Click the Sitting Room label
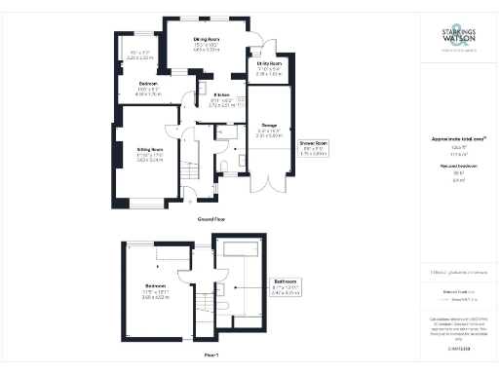click(x=149, y=149)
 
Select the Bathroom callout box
click(x=286, y=285)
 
